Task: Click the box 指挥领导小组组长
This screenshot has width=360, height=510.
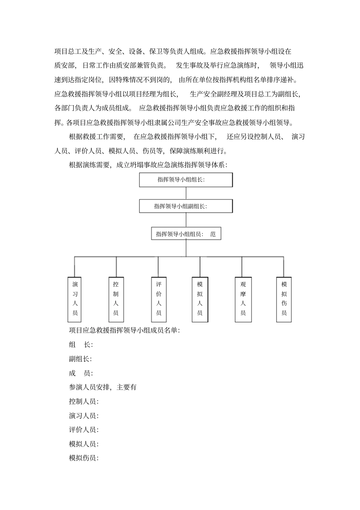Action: (186, 180)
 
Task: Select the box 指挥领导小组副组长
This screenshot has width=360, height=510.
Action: (186, 206)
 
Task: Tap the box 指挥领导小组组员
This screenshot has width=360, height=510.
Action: (186, 234)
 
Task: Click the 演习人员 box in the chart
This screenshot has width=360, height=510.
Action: (75, 299)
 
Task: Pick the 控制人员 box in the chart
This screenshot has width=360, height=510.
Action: (116, 299)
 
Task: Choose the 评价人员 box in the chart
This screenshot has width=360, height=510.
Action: (159, 299)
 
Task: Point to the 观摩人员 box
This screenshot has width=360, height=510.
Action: (243, 299)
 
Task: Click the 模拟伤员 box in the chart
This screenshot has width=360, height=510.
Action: (284, 299)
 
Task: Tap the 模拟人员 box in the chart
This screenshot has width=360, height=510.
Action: (200, 299)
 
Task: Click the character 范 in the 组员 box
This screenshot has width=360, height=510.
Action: (213, 234)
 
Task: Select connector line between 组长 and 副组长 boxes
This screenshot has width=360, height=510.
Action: (186, 193)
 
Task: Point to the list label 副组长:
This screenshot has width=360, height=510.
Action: (80, 359)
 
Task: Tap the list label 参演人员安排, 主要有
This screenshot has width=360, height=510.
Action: (103, 387)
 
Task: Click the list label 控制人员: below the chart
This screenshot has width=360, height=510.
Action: (84, 402)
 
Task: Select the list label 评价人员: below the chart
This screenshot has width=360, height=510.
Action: (84, 430)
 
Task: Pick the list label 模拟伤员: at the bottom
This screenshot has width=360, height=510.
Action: (84, 458)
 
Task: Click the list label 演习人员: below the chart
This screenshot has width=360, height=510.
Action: (84, 416)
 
